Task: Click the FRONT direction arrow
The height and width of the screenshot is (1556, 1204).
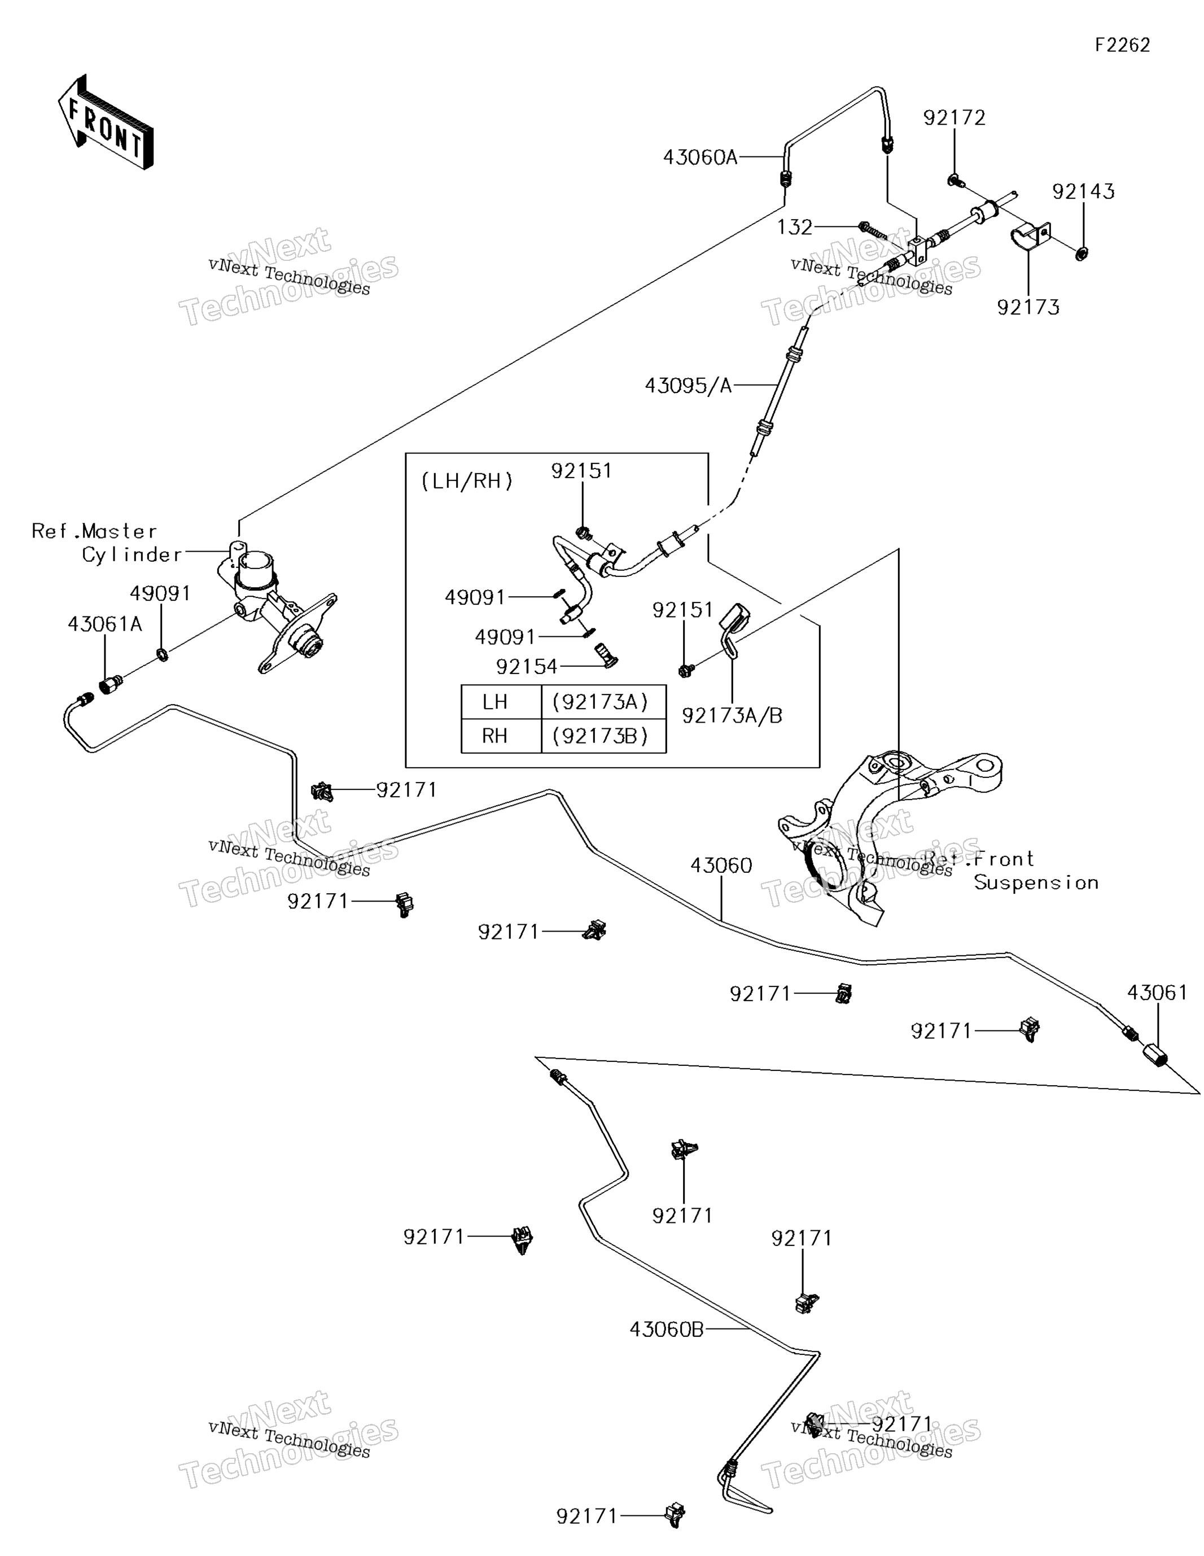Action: (106, 123)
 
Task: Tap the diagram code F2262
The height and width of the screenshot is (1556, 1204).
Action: (1122, 46)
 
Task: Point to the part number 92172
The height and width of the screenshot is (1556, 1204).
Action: (954, 117)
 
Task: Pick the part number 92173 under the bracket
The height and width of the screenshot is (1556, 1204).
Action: (1028, 307)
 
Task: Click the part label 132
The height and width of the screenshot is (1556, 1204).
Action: (794, 228)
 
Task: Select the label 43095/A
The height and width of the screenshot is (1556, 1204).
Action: (688, 386)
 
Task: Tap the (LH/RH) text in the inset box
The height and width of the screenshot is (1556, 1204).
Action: (467, 482)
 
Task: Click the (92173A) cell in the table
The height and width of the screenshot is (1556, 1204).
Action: (600, 702)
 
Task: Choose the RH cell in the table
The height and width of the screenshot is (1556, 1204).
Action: (494, 736)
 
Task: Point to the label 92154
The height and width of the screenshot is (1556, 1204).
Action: (527, 667)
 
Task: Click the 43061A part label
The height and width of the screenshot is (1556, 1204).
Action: (105, 624)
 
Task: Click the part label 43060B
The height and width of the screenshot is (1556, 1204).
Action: (667, 1330)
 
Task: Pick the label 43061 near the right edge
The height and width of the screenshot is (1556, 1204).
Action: (1157, 993)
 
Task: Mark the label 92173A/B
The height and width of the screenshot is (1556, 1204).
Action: (732, 716)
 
